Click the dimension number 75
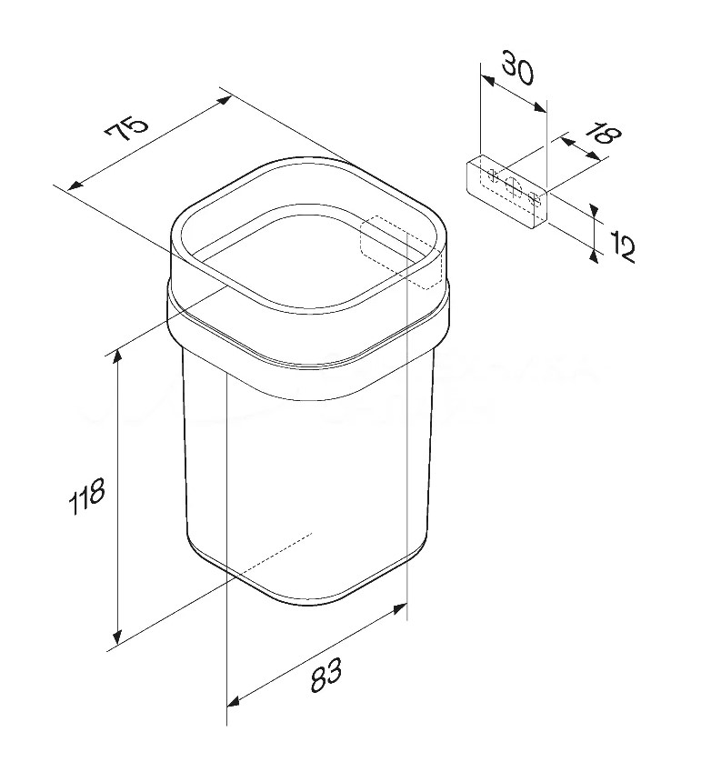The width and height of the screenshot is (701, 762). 126,128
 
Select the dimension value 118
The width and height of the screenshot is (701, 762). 87,496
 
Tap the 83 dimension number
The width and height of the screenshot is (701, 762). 326,675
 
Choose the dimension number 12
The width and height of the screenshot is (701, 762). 621,247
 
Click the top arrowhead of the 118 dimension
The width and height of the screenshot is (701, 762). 116,357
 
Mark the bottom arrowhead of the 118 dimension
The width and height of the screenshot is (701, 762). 116,635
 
